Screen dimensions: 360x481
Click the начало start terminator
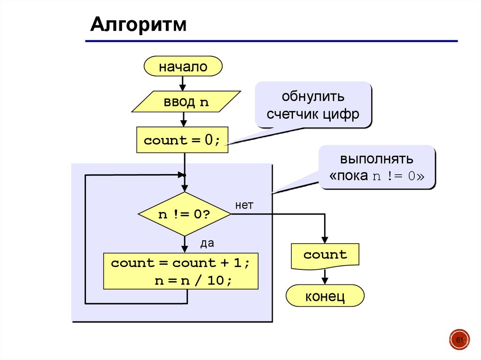pyautogui.click(x=183, y=66)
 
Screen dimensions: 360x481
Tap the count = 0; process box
pyautogui.click(x=182, y=140)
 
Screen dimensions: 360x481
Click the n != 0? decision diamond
pyautogui.click(x=184, y=214)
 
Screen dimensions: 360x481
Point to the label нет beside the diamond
pyautogui.click(x=244, y=205)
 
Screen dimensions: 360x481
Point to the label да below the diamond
pyautogui.click(x=207, y=243)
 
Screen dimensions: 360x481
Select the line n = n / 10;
pyautogui.click(x=193, y=281)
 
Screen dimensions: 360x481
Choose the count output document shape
pyautogui.click(x=325, y=256)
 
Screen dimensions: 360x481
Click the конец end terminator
pyautogui.click(x=325, y=296)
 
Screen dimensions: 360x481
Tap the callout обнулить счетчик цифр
pyautogui.click(x=313, y=105)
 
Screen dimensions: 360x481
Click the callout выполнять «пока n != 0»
pyautogui.click(x=377, y=168)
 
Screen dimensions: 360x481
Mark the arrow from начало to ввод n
pyautogui.click(x=183, y=84)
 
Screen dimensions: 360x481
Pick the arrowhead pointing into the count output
pyautogui.click(x=325, y=239)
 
